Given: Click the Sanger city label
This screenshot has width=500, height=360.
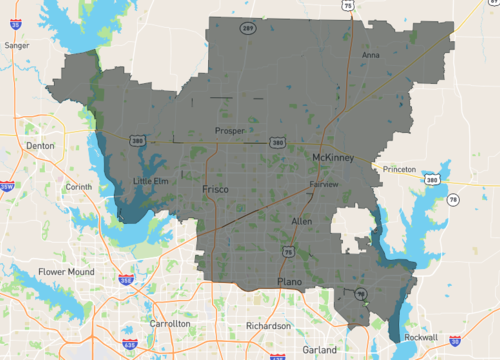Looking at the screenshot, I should click(16, 45).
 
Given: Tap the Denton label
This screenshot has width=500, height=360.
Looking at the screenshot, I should click(39, 146).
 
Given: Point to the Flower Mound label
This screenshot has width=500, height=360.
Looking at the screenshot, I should click(65, 271).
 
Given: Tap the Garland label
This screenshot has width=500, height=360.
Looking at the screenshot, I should click(320, 351).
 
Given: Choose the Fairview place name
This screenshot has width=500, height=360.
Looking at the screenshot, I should click(324, 185).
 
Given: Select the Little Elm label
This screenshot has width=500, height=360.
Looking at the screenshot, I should click(150, 181).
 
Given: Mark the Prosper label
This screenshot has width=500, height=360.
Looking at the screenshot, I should click(230, 131).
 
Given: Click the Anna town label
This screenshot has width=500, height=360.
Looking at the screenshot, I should click(370, 55).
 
